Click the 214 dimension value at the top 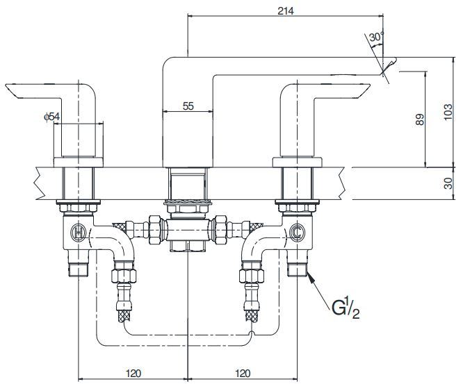(284, 10)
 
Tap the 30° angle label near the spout (376, 37)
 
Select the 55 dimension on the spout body (187, 106)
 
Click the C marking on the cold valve (298, 231)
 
